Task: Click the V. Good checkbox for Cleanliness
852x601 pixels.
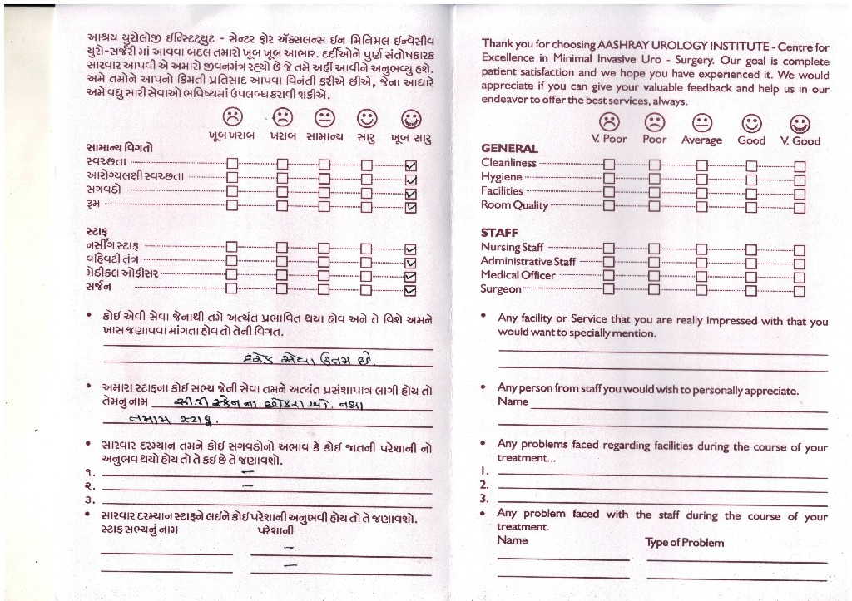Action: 800,165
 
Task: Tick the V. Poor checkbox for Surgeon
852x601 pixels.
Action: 608,289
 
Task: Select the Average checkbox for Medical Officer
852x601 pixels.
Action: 702,276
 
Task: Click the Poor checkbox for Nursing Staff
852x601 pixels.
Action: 653,248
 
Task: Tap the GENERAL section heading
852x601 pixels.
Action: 509,149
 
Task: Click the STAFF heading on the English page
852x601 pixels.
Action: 499,233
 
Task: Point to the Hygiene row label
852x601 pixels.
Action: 502,177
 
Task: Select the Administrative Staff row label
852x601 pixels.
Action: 528,261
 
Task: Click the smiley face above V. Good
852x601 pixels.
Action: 800,124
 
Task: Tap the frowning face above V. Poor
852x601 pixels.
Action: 609,122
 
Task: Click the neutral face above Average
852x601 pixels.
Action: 702,123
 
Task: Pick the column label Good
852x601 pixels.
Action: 751,140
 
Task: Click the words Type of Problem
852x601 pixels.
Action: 684,543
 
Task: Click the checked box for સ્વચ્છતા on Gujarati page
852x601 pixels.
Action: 409,164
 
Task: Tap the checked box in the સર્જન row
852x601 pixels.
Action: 409,290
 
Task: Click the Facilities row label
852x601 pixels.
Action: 502,191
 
